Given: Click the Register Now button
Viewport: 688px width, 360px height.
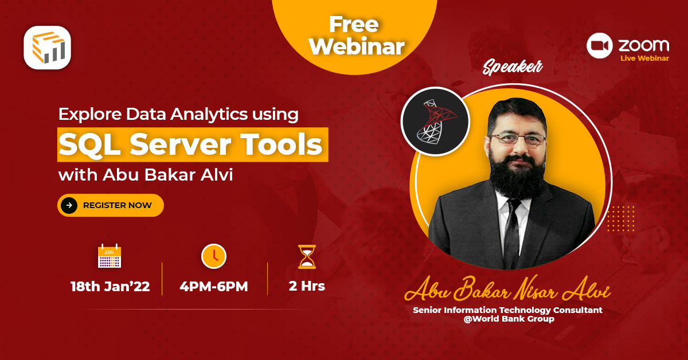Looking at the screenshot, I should click(111, 205).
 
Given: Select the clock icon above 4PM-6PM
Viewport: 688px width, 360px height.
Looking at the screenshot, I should click(213, 256).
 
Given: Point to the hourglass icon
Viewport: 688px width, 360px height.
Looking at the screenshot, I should click(307, 257).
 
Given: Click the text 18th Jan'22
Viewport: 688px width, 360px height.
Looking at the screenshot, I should click(110, 287).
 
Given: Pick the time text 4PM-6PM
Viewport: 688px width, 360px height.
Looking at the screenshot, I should click(214, 287).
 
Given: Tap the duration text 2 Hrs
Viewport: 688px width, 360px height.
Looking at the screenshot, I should click(307, 286).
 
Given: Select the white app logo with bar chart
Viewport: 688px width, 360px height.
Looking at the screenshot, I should click(48, 48).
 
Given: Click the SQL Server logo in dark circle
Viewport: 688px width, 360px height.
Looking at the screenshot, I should click(435, 122).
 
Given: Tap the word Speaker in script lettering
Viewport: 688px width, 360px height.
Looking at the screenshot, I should click(512, 68).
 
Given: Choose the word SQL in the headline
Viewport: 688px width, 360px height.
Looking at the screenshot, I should click(89, 145).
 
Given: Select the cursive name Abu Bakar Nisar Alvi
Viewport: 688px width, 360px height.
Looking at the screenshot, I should click(507, 291).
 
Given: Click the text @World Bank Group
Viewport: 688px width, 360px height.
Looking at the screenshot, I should click(509, 319).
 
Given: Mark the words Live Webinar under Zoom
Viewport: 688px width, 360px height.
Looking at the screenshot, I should click(644, 58).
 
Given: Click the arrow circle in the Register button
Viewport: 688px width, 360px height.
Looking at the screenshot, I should click(69, 205).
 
